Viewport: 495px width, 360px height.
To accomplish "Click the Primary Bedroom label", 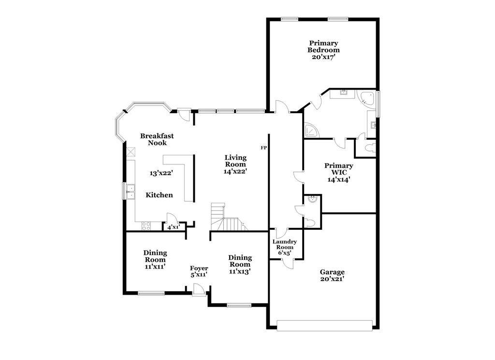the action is (323, 46).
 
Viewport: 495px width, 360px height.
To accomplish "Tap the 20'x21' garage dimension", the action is (332, 279).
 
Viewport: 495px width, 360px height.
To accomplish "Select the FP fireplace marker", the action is (263, 148).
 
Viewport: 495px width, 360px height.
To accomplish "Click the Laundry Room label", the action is (284, 244).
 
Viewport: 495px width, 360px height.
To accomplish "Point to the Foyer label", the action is (199, 269).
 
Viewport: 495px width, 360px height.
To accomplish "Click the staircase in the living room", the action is (229, 217).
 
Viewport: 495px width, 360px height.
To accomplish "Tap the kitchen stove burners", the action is (146, 225).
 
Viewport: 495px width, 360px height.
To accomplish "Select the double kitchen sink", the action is (130, 192).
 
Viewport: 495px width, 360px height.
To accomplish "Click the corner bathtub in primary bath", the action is (365, 98).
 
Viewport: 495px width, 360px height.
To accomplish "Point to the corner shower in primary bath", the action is (311, 130).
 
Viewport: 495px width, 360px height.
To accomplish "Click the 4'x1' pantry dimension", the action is (174, 227).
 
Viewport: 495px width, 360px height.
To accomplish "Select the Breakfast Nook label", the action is (157, 139).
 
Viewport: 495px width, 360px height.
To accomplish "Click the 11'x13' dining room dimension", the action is (240, 271).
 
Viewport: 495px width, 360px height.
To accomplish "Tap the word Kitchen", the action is (159, 195).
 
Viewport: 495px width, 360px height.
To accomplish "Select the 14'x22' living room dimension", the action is (235, 171).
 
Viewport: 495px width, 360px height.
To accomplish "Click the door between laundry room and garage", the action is (288, 263).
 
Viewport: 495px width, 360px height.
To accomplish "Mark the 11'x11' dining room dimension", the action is (155, 267).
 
